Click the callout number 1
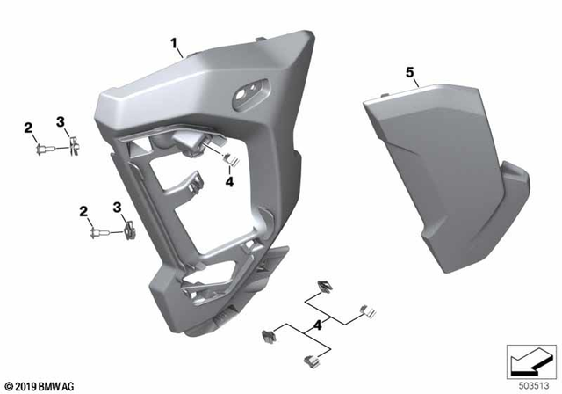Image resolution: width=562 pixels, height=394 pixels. (174, 42)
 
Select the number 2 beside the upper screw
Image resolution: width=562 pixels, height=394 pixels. (28, 128)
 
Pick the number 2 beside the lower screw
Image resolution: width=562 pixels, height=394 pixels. (84, 211)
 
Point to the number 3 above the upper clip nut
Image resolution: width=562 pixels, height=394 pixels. (61, 121)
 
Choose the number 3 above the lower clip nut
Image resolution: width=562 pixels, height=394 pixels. (117, 207)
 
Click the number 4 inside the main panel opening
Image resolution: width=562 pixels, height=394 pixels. (228, 181)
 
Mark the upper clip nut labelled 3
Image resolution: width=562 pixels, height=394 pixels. (73, 145)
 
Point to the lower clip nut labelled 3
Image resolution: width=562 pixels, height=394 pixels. (129, 232)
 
